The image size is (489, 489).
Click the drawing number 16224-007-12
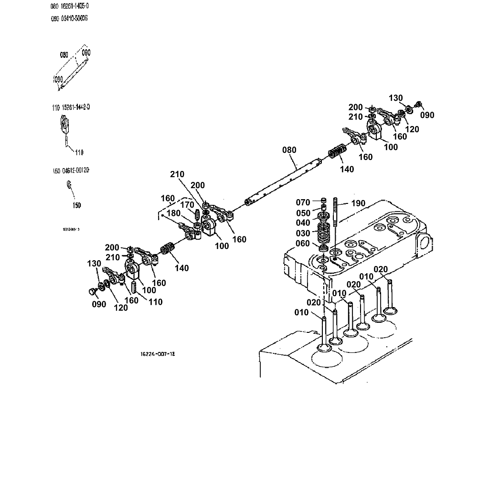tap(154, 354)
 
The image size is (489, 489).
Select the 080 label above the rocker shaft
tap(289, 150)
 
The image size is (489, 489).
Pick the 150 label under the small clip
tap(76, 205)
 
